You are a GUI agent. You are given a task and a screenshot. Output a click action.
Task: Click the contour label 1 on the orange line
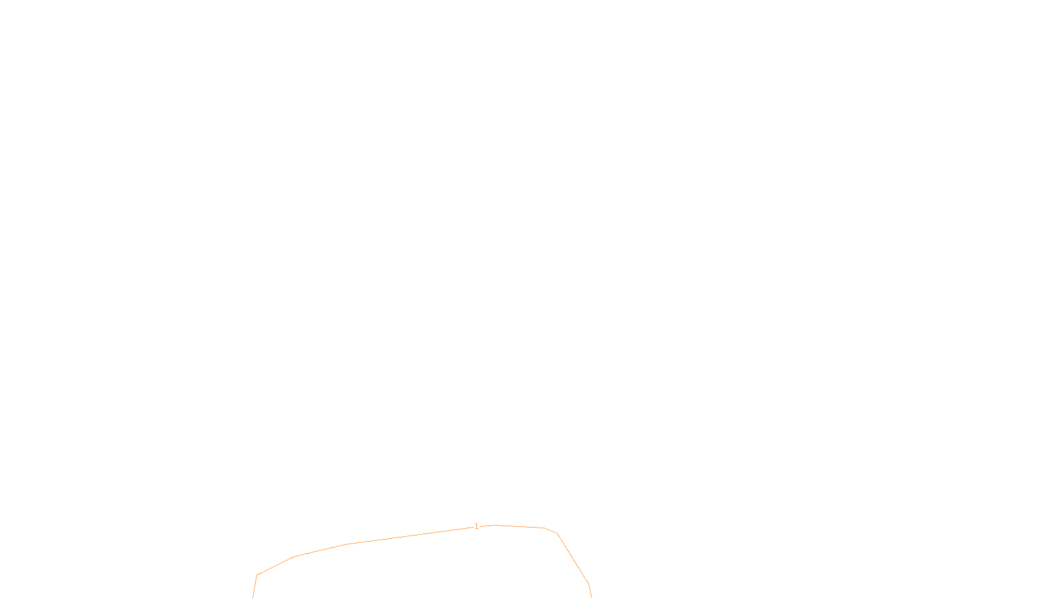(x=476, y=526)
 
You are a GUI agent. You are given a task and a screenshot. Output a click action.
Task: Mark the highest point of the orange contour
(x=495, y=525)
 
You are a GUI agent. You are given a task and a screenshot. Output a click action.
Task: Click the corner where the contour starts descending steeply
(x=557, y=533)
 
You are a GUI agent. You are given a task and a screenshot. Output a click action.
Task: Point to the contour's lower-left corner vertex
(x=257, y=575)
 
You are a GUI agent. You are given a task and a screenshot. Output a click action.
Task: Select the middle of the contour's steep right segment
(x=573, y=559)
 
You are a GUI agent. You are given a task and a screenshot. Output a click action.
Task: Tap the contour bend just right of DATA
(x=589, y=584)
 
